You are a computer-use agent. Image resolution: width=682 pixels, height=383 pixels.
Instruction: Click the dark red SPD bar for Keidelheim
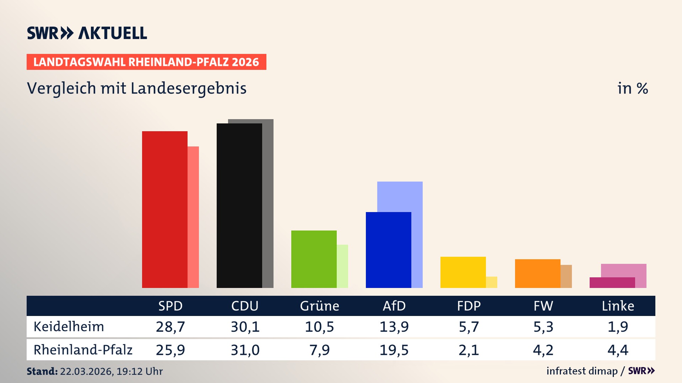tap(164, 209)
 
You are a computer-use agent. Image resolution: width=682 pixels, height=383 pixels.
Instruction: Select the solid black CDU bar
tap(239, 206)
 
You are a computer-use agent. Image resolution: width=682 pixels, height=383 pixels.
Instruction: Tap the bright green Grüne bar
tap(314, 259)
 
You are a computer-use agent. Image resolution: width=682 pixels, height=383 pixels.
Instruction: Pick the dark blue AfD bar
tap(388, 250)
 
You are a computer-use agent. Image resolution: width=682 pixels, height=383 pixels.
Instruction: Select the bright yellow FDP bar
tap(463, 272)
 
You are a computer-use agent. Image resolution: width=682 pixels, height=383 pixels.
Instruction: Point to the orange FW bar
tap(537, 273)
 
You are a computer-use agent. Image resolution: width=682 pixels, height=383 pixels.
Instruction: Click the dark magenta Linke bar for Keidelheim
tap(612, 283)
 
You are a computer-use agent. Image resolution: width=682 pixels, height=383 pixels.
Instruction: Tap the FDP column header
tap(469, 306)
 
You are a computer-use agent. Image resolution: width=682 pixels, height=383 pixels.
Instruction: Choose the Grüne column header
tap(319, 306)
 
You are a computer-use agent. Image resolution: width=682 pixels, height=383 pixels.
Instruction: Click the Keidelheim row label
tap(69, 327)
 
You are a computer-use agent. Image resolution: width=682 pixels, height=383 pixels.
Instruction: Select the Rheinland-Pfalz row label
tap(83, 350)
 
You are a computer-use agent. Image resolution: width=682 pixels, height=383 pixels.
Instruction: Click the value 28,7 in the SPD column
tap(170, 327)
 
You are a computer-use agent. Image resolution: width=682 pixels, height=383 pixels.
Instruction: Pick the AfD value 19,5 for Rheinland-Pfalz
tap(394, 350)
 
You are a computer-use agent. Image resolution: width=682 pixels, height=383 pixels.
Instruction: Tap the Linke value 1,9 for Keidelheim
tap(618, 327)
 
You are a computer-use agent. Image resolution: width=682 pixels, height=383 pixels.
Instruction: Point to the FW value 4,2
tap(543, 350)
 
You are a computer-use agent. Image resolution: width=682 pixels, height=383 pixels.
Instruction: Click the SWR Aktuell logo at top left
tap(87, 33)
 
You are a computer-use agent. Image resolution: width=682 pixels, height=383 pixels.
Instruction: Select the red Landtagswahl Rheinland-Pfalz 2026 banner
tap(146, 62)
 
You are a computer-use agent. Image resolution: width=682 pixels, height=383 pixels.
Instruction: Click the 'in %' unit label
tap(632, 88)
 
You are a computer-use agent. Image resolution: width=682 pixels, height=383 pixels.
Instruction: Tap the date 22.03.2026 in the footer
tap(86, 371)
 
